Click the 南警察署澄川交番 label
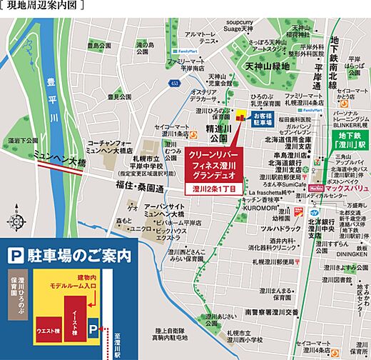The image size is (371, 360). point(270,312)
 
